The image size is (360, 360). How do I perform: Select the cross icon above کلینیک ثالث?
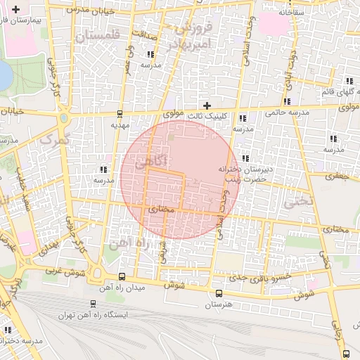pyautogui.click(x=206, y=105)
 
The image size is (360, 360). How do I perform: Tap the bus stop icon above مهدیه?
pyautogui.click(x=119, y=113)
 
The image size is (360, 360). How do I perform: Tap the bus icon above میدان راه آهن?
pyautogui.click(x=122, y=276)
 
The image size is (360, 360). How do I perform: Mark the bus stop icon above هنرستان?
pyautogui.click(x=218, y=293)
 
